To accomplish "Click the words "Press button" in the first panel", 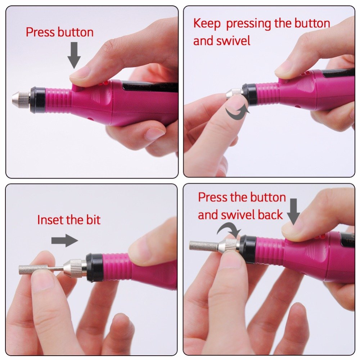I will click(x=59, y=32).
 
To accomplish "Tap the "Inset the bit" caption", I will click(x=68, y=220).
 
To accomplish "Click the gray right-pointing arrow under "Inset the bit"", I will click(x=64, y=240).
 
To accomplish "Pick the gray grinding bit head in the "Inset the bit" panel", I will click(x=33, y=269).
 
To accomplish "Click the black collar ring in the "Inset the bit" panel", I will click(x=94, y=267).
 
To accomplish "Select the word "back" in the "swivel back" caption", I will click(x=270, y=215).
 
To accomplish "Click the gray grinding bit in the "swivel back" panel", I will click(x=202, y=245).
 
